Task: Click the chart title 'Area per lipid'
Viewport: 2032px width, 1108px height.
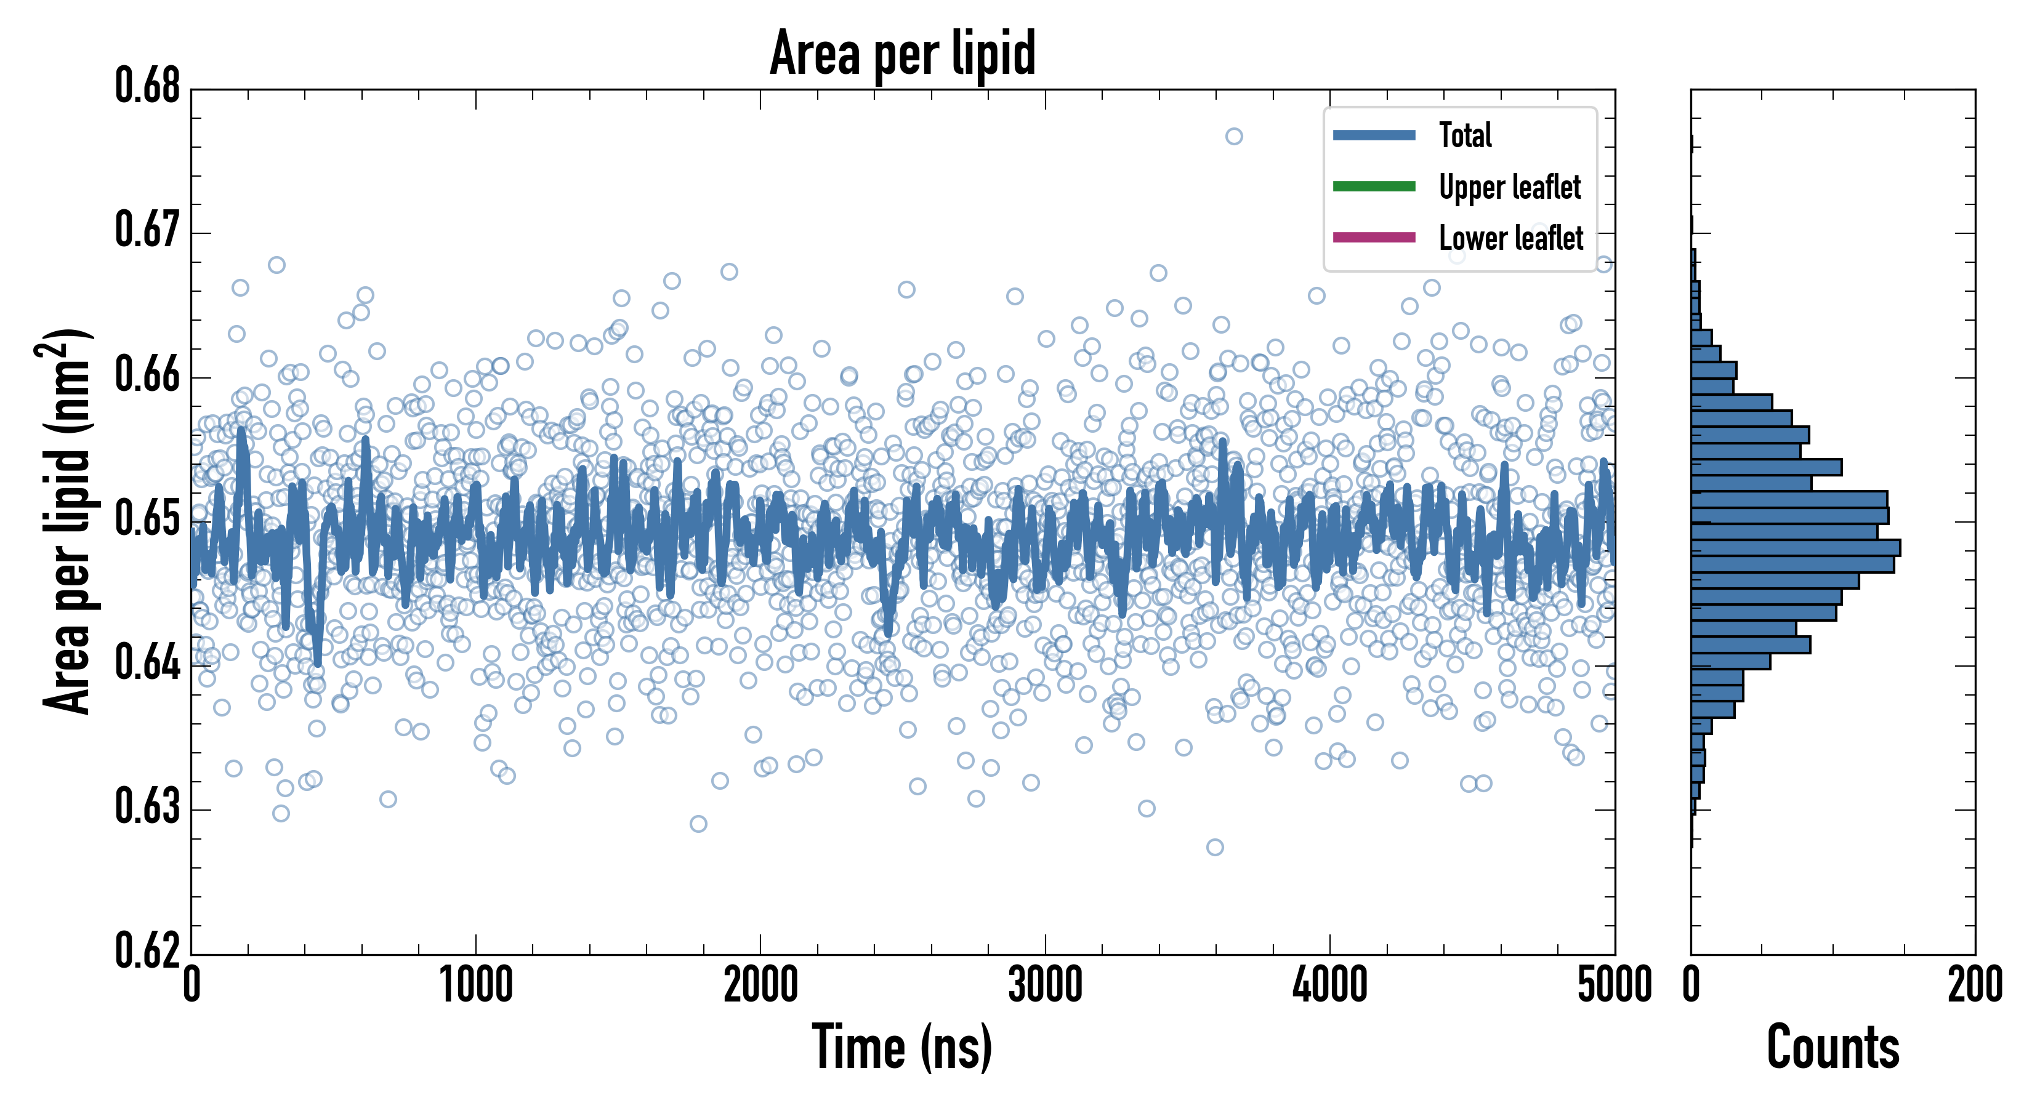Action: pyautogui.click(x=903, y=54)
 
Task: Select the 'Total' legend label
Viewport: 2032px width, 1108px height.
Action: pyautogui.click(x=1465, y=135)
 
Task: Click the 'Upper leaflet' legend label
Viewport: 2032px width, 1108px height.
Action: pyautogui.click(x=1509, y=187)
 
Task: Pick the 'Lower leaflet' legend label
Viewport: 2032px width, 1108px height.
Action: pyautogui.click(x=1510, y=238)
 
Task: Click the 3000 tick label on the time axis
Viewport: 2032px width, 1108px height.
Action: pyautogui.click(x=1045, y=985)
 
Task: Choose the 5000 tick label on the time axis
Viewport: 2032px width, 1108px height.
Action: pyautogui.click(x=1614, y=985)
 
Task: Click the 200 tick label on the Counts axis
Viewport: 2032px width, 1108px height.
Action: pyautogui.click(x=1974, y=985)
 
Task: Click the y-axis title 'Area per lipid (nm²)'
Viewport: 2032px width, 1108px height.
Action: pyautogui.click(x=67, y=521)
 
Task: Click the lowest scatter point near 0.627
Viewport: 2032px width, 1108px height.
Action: pyautogui.click(x=1215, y=847)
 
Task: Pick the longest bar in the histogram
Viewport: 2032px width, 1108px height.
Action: pyautogui.click(x=1796, y=547)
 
